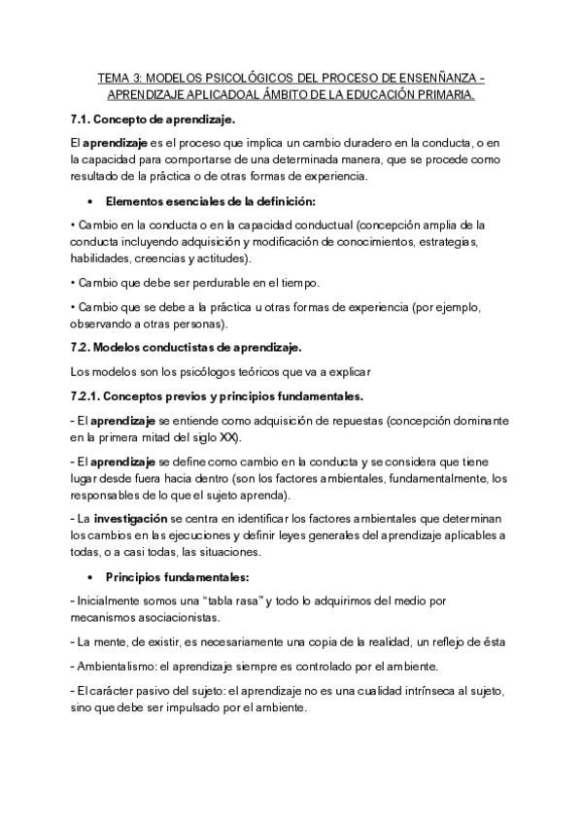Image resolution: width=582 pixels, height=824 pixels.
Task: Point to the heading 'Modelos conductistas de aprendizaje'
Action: coord(203,347)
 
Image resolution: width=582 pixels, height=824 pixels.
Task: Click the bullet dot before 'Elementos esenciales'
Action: coord(89,202)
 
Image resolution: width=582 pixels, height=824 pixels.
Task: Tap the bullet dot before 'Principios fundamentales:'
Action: coord(89,577)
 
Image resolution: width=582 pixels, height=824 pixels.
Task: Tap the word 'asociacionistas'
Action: coord(175,617)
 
